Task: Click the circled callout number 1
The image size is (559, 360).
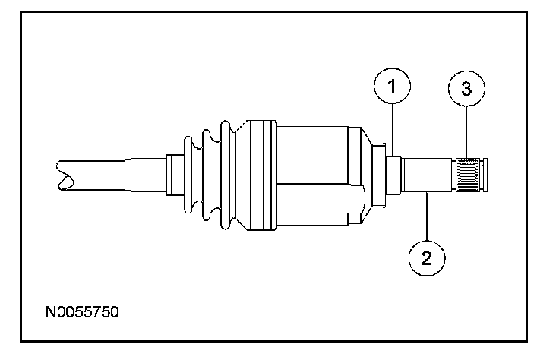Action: click(x=392, y=87)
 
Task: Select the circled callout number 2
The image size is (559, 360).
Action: click(x=427, y=257)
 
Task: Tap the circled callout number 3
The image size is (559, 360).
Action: click(x=466, y=88)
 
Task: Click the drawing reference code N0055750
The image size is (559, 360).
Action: click(x=82, y=312)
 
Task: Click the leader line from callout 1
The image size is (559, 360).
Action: click(x=393, y=130)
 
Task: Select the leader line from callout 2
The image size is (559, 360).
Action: click(x=427, y=216)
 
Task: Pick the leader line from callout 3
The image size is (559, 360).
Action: click(x=466, y=132)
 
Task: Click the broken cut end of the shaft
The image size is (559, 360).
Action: click(x=65, y=175)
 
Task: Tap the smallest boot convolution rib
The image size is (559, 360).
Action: click(x=188, y=175)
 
